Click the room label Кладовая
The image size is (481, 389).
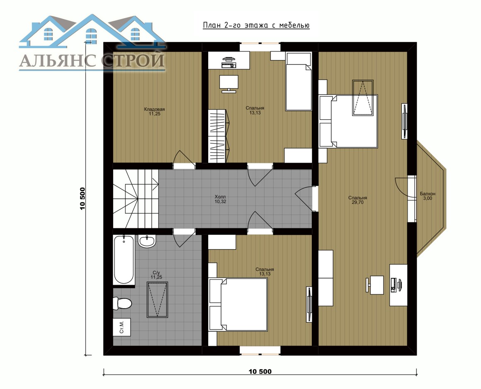[154, 109]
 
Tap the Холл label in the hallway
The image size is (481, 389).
[220, 197]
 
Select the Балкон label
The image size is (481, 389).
[428, 194]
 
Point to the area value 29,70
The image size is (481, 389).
[358, 202]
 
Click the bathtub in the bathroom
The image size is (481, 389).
[124, 260]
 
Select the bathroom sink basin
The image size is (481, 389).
[147, 241]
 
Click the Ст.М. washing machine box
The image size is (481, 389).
[122, 327]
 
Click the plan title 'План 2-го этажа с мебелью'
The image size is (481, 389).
[256, 25]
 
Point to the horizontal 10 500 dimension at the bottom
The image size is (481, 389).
[260, 372]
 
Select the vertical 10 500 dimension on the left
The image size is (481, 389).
[83, 199]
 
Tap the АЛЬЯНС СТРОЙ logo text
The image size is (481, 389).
[92, 60]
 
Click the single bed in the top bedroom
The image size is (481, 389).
[299, 81]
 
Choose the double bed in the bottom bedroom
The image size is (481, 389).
[238, 304]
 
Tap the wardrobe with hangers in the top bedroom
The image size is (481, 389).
[219, 136]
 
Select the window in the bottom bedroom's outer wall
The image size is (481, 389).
[260, 350]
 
